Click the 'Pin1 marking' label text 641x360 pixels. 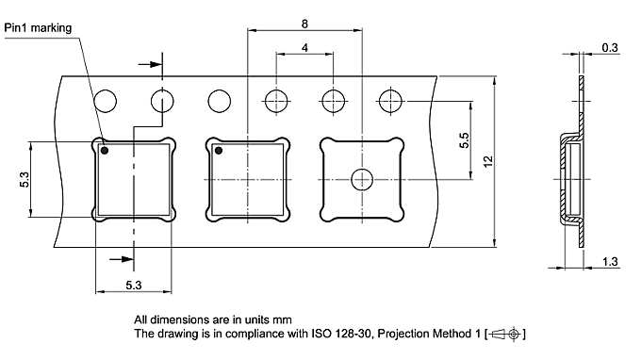click(38, 29)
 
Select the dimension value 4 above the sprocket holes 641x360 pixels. click(304, 47)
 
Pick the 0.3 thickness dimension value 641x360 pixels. click(609, 47)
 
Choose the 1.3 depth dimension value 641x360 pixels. click(609, 262)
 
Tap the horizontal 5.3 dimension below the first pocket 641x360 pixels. click(134, 285)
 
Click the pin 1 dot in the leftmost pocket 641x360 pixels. click(105, 151)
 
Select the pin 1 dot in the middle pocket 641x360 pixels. click(219, 151)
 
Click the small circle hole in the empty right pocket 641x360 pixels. click(361, 178)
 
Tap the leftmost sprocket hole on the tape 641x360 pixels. click(105, 100)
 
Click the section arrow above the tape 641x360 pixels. click(149, 65)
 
